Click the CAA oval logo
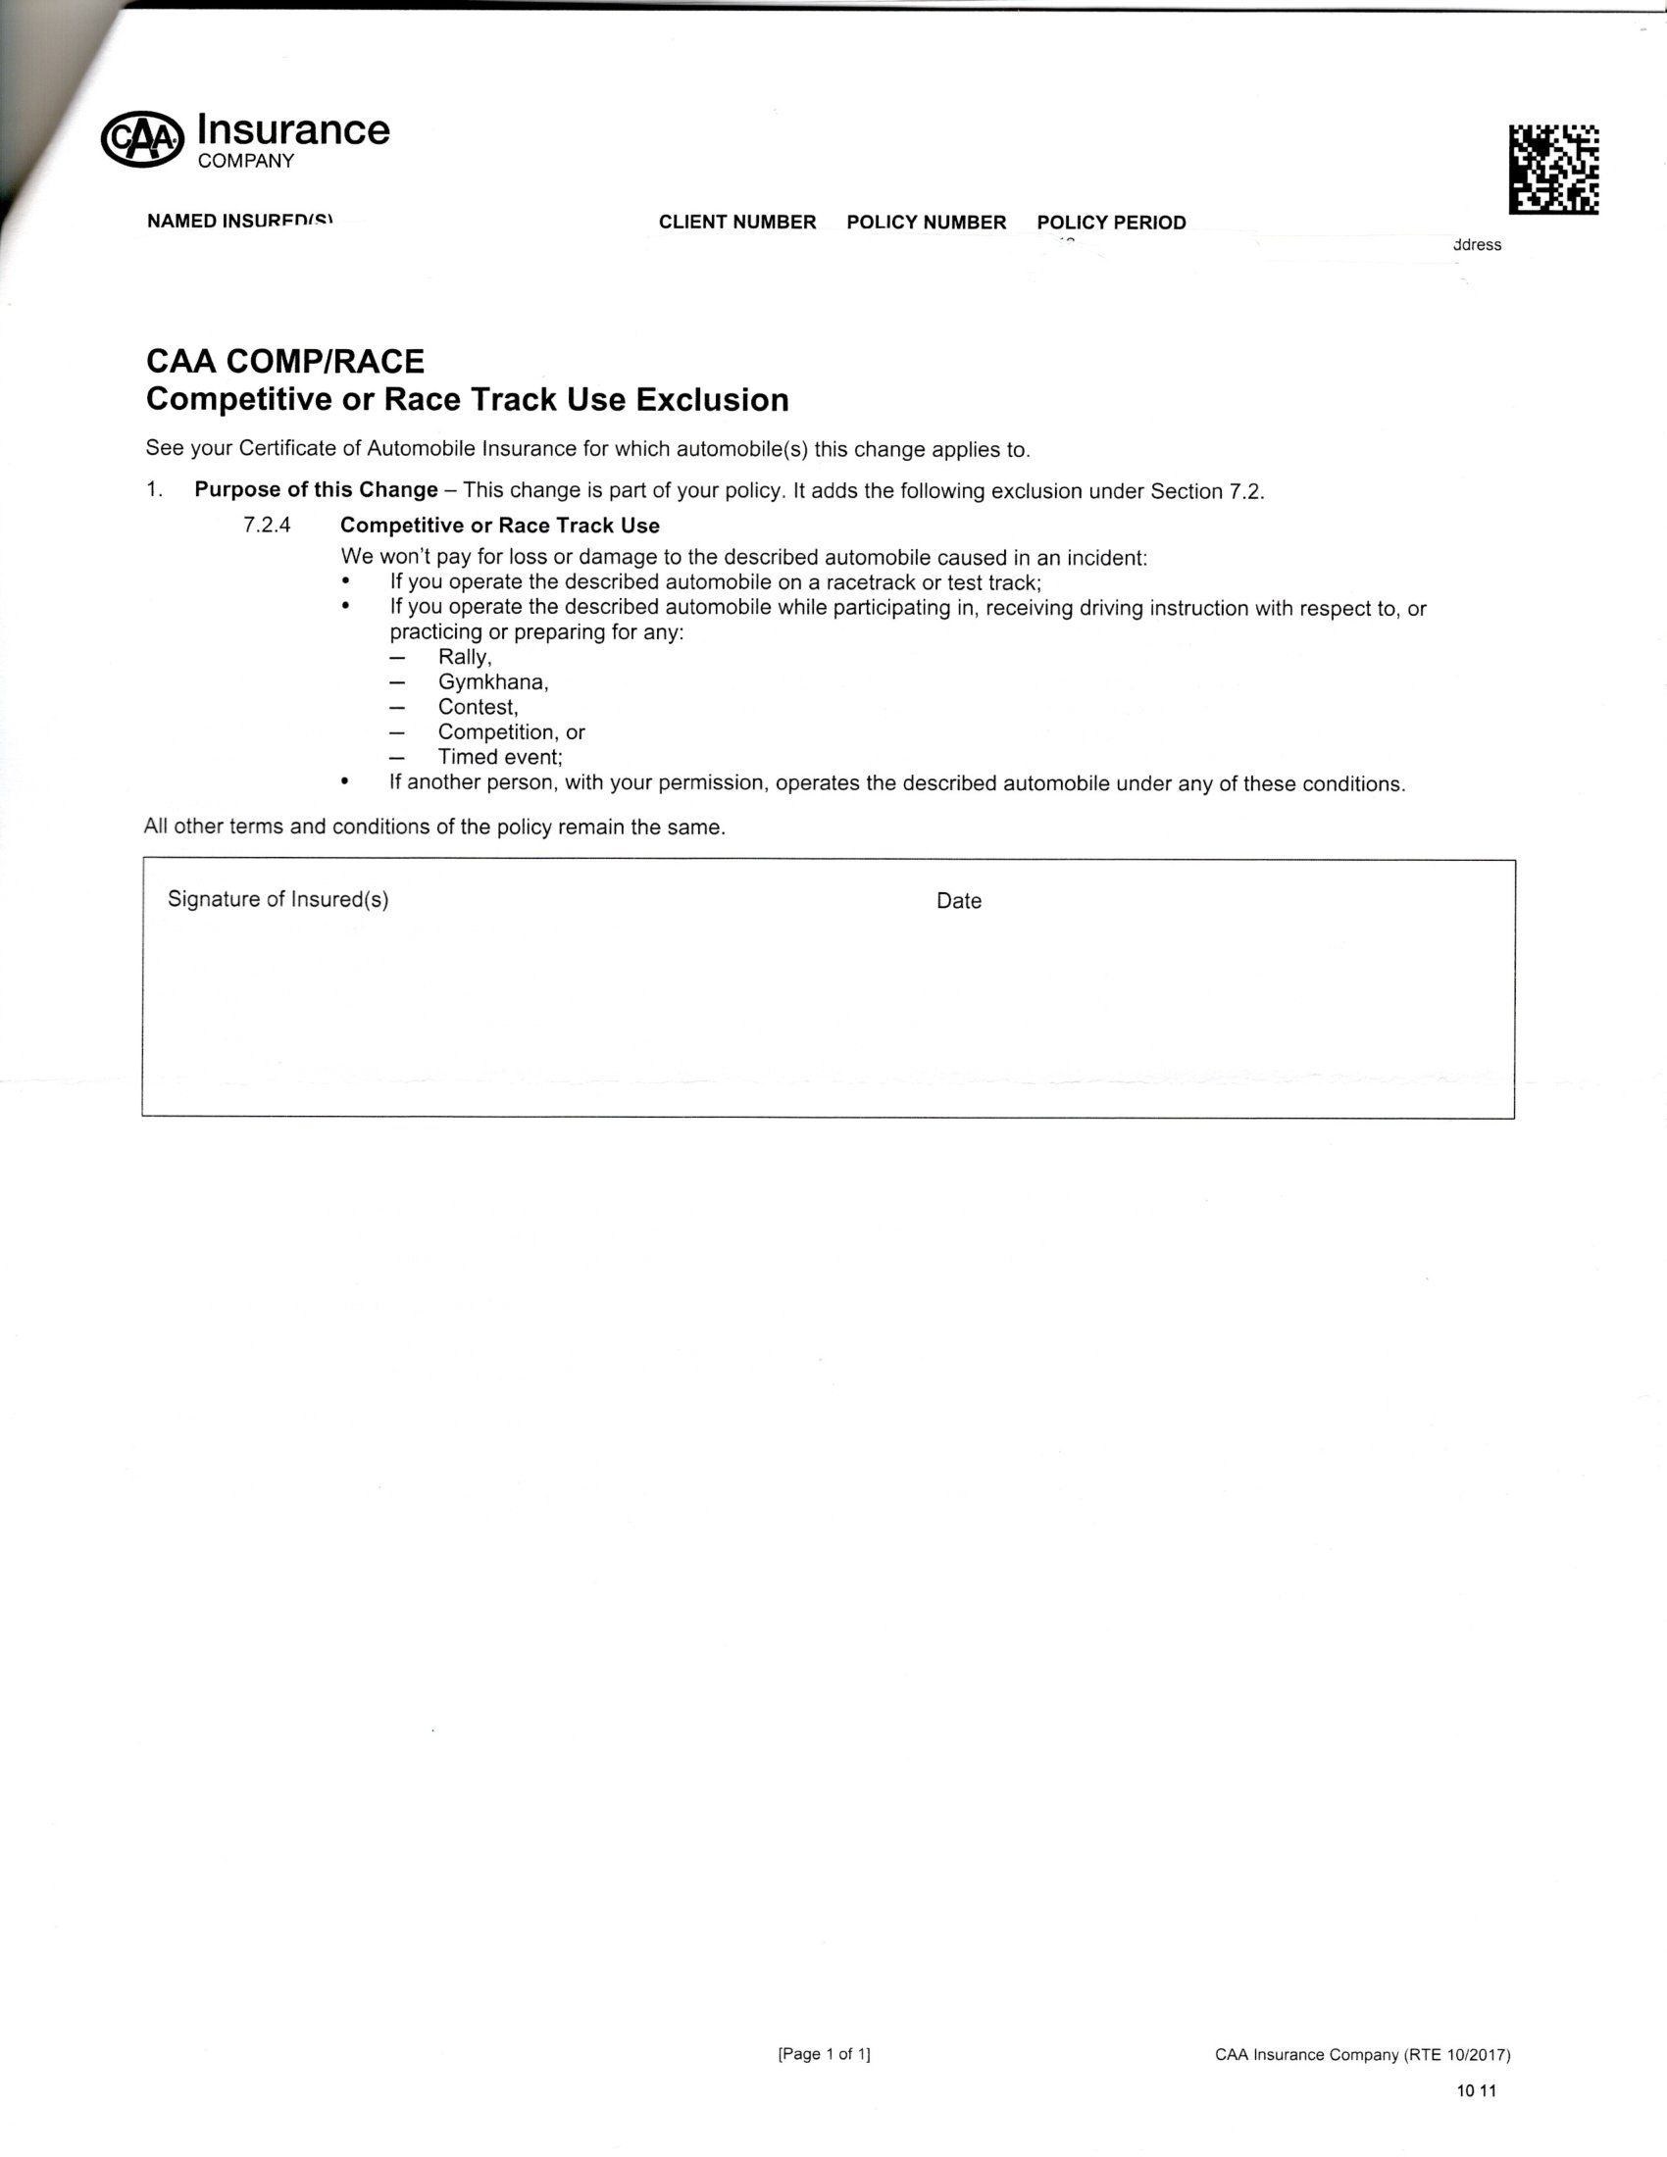[x=142, y=139]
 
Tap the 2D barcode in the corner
[x=1553, y=169]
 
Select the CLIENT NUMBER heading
[x=736, y=223]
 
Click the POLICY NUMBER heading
[x=926, y=223]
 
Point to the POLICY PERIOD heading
[x=1111, y=223]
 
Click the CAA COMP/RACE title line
[x=285, y=362]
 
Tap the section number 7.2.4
[x=267, y=526]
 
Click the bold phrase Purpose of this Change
[x=316, y=490]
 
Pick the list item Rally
[x=464, y=658]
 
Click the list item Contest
[x=478, y=707]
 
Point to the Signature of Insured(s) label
[x=278, y=899]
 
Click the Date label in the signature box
[x=958, y=901]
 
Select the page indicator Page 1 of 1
[x=824, y=2054]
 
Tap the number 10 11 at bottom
[x=1476, y=2091]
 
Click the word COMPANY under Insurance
[x=246, y=161]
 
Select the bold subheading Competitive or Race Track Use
[x=500, y=526]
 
